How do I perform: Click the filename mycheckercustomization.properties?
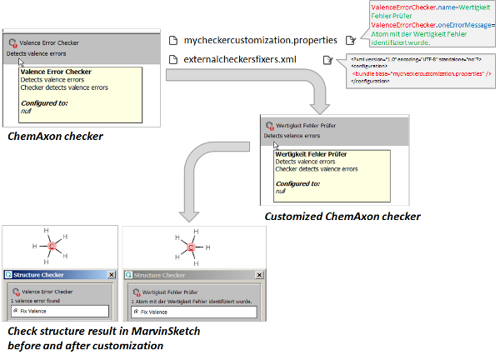point(261,39)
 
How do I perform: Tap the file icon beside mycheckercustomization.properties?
point(172,40)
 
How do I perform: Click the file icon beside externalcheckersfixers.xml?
point(172,60)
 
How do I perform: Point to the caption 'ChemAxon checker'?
point(55,136)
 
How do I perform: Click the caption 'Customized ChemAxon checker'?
point(342,217)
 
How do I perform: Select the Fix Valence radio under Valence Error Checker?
point(17,312)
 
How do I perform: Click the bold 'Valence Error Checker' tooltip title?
point(56,72)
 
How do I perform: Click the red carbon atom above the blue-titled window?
point(52,247)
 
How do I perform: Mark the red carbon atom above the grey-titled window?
point(191,247)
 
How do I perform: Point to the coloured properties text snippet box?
point(422,24)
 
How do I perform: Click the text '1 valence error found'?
point(37,301)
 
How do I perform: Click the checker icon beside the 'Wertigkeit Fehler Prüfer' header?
point(269,125)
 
